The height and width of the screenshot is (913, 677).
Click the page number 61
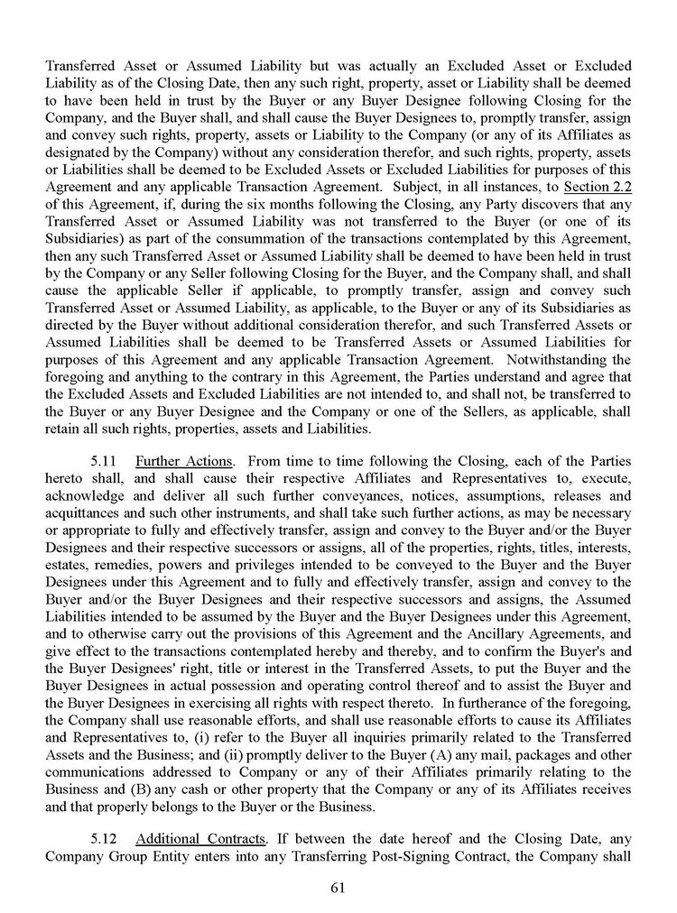pos(338,886)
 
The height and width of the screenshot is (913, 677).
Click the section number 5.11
pos(106,461)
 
